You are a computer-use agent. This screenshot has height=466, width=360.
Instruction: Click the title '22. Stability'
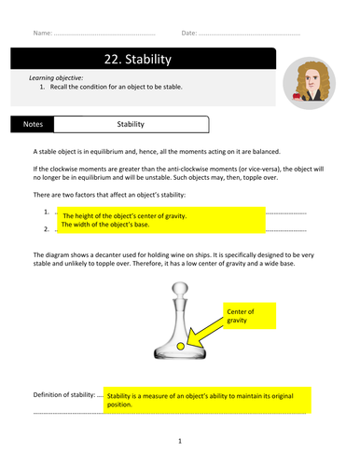click(138, 59)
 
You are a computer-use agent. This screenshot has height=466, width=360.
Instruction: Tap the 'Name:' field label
click(43, 33)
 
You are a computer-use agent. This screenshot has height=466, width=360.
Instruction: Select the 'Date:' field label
click(189, 33)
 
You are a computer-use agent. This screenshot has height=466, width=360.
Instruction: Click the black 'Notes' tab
click(33, 124)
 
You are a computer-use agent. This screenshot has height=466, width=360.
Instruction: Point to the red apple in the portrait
click(297, 95)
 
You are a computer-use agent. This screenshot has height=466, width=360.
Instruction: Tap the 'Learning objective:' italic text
click(56, 78)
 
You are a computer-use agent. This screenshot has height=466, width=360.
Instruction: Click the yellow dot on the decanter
click(180, 346)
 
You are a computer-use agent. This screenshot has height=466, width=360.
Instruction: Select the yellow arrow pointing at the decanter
click(205, 333)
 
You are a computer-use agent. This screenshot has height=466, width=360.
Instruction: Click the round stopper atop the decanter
click(180, 289)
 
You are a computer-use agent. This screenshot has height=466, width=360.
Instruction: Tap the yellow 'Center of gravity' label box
click(249, 316)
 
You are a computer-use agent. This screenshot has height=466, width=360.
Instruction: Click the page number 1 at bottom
click(180, 441)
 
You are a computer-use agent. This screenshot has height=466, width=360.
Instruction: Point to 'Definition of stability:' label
click(64, 395)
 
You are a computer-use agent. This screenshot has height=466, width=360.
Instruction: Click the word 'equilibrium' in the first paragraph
click(105, 152)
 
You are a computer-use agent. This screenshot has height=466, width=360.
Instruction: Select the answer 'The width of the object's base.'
click(105, 225)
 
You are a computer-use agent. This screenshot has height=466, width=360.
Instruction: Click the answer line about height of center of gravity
click(125, 216)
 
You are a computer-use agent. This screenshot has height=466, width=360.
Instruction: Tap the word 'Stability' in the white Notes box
click(131, 124)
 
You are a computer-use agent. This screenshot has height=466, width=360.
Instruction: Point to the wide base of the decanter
click(180, 353)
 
